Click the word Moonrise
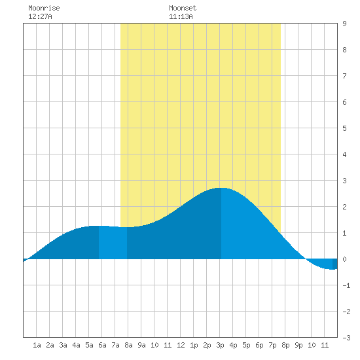point(44,8)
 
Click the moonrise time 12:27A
point(40,16)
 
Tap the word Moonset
point(183,8)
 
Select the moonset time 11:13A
point(181,16)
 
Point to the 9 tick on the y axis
point(344,24)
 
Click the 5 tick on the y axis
point(344,128)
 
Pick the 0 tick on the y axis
point(344,259)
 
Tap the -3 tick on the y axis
point(346,338)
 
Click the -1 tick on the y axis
point(346,285)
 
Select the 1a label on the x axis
point(37,345)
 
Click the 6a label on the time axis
point(102,345)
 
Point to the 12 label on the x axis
point(181,345)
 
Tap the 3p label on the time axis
point(220,345)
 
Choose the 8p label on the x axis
point(285,345)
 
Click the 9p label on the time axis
point(298,345)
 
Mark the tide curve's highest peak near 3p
point(221,188)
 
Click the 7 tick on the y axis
point(344,76)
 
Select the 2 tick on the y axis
point(344,207)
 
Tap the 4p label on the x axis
point(233,345)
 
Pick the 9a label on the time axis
point(141,345)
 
